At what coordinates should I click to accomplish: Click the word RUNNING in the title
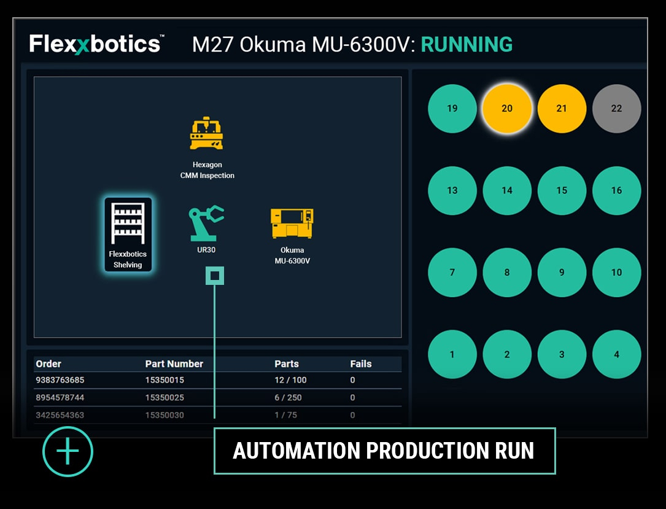tap(467, 45)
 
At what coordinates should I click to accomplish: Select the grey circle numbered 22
tap(616, 109)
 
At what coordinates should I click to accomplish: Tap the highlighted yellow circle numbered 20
tap(507, 109)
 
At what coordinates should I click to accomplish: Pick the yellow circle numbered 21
tap(562, 109)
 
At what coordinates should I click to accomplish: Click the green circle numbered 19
tap(452, 109)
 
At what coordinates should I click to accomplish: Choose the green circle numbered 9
tap(562, 273)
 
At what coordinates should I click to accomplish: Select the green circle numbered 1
tap(452, 354)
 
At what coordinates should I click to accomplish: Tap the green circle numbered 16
tap(616, 190)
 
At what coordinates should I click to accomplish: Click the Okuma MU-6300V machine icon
tap(292, 223)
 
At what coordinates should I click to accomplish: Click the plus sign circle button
tap(68, 452)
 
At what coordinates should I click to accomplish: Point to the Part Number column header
tap(174, 364)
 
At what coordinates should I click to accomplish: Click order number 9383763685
tap(60, 380)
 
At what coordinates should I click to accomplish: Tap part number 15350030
tap(165, 415)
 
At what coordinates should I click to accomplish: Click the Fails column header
tap(361, 364)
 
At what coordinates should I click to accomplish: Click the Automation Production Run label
tap(384, 451)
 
